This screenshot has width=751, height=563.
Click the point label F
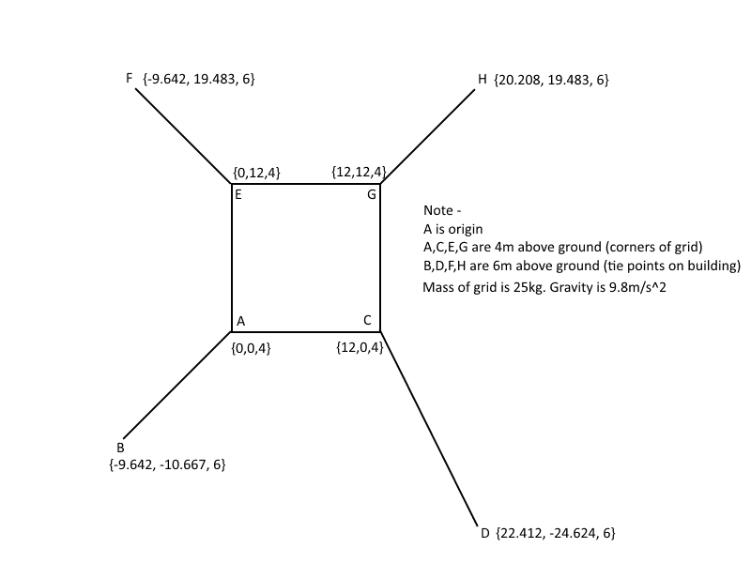coord(130,78)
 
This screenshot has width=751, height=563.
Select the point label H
coord(483,79)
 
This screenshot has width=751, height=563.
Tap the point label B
coord(120,448)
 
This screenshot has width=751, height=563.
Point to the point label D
coord(485,533)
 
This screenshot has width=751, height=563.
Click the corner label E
coord(238,194)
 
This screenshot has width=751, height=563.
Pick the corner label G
coord(372,194)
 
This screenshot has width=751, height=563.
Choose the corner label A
coord(241,321)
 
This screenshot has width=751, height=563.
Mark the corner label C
coord(367,320)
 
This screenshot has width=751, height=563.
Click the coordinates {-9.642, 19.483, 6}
coord(199,79)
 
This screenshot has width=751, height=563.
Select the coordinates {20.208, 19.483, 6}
coord(551,80)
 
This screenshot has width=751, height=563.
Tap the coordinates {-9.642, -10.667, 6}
coord(167,464)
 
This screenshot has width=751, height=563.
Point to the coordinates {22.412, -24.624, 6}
coord(556,533)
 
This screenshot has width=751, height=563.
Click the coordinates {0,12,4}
coord(256,173)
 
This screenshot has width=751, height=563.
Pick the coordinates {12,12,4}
coord(359,172)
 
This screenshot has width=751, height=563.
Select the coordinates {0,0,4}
coord(251,348)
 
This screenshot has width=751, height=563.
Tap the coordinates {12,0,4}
coord(360,347)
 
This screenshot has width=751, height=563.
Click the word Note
coord(438,210)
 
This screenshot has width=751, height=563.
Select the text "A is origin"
coord(453,229)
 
